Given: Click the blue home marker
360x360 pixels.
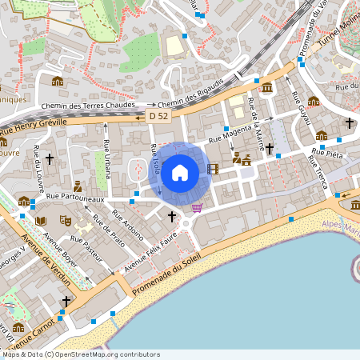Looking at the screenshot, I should point(180,172).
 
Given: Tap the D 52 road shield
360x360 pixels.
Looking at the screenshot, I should point(158,116).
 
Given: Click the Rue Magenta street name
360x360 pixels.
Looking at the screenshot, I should point(230,134).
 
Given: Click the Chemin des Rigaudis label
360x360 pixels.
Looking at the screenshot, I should point(190,96).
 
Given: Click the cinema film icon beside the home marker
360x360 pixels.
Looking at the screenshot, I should point(212,169).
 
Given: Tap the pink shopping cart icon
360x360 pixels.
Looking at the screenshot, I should point(197,208).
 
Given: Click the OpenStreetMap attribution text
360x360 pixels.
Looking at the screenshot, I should point(80,354).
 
